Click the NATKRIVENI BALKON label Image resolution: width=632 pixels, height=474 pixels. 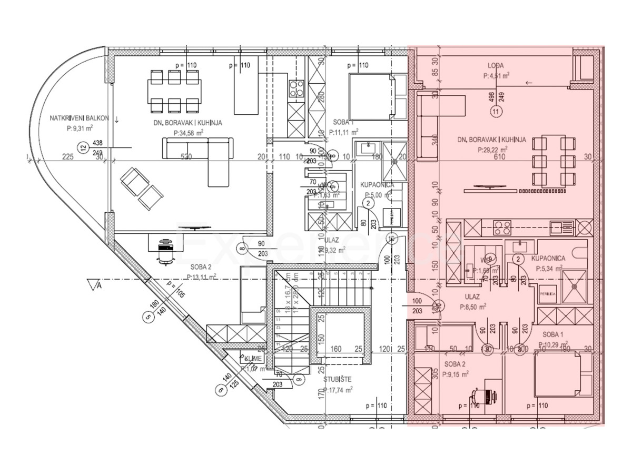click(80, 118)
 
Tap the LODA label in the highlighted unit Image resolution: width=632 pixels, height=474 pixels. click(495, 66)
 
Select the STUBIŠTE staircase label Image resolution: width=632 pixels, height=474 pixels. click(337, 379)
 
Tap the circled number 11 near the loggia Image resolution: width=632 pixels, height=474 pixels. click(495, 112)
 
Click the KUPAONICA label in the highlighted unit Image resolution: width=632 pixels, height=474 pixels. click(548, 259)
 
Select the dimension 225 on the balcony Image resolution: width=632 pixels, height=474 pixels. click(67, 156)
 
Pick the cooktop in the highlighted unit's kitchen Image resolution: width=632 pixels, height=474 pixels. click(502, 228)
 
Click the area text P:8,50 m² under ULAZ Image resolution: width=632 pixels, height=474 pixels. click(472, 307)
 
